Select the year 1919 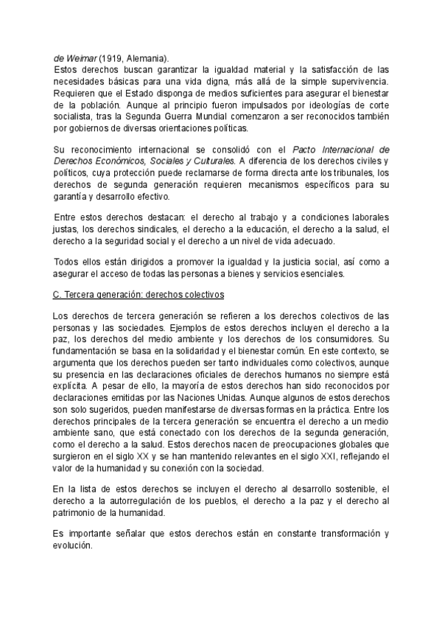click(x=113, y=58)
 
